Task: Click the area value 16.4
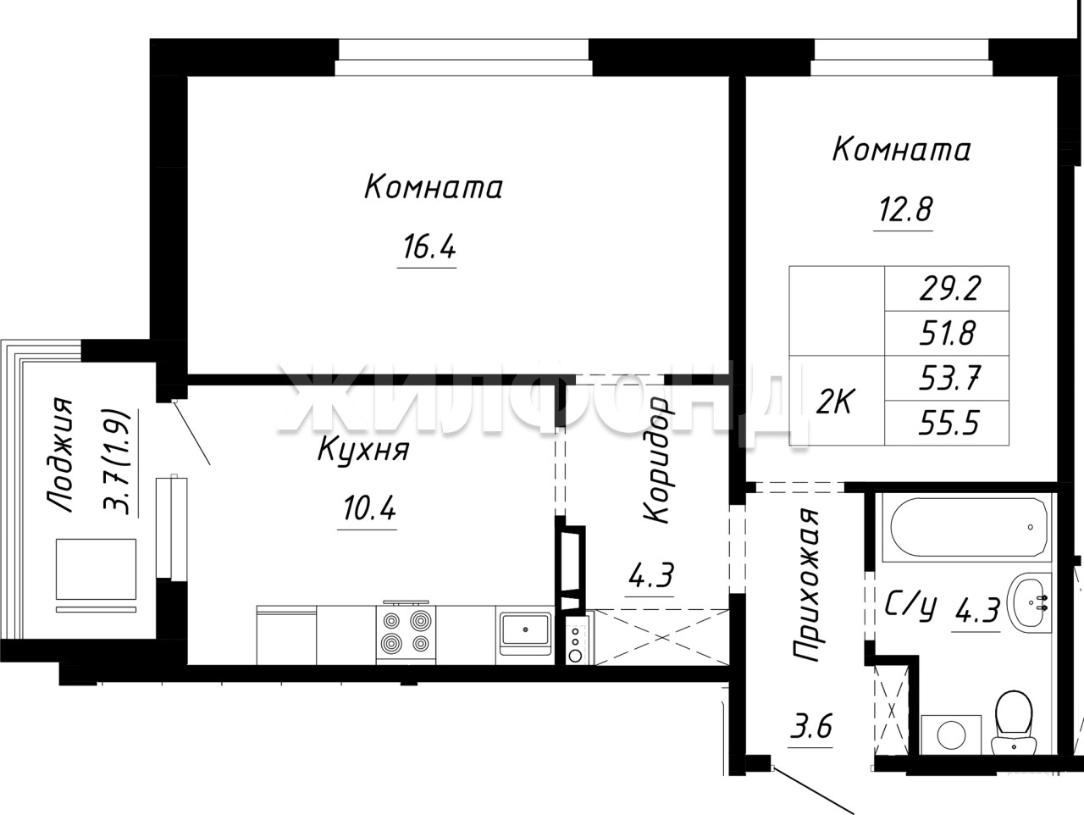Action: (x=429, y=247)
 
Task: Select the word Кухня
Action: (x=363, y=450)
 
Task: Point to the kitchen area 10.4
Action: (x=369, y=508)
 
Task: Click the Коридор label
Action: (x=656, y=460)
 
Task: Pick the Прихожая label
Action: (x=806, y=585)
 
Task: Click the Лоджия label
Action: (x=60, y=454)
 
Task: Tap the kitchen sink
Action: (x=525, y=634)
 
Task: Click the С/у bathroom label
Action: (x=910, y=608)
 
